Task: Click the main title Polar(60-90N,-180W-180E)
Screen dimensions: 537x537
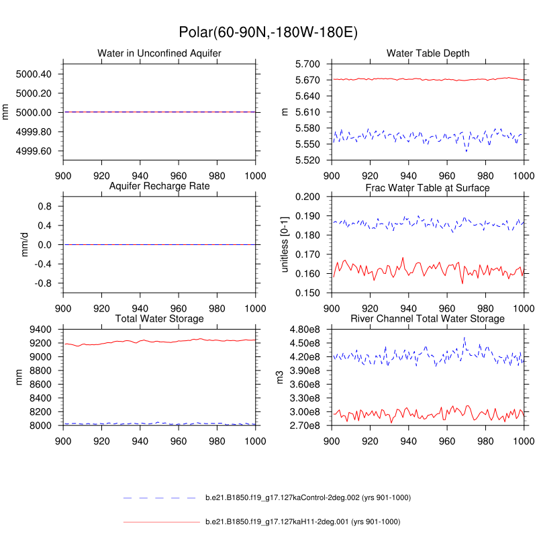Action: click(x=268, y=32)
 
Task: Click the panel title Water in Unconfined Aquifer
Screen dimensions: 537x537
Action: click(x=159, y=53)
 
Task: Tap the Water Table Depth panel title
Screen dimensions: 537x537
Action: click(x=428, y=53)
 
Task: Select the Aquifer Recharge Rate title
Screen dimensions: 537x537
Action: click(x=159, y=185)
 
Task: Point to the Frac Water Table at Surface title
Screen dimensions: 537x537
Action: click(x=428, y=187)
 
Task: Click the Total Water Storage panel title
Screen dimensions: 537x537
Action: click(x=159, y=318)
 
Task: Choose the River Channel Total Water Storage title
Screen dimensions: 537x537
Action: click(x=428, y=318)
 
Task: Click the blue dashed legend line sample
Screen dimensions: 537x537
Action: click(x=161, y=498)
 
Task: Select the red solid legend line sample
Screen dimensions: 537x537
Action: click(x=161, y=522)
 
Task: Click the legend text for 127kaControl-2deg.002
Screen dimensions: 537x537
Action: click(x=307, y=498)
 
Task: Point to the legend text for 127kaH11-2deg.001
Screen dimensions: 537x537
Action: click(x=302, y=522)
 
